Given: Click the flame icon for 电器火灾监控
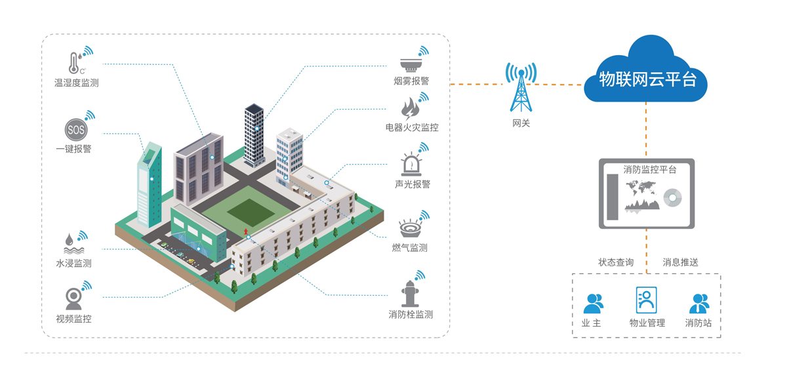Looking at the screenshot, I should pos(410,108).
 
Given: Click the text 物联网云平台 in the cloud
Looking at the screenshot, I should pos(645,80).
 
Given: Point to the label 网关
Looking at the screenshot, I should pos(521,123).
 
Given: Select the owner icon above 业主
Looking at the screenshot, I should pos(593,303).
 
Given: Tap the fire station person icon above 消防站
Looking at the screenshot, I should pos(699,303).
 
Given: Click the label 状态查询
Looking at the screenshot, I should pos(616,262).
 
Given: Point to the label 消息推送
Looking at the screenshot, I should pos(681,262).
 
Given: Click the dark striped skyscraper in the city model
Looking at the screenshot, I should pos(254,134).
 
